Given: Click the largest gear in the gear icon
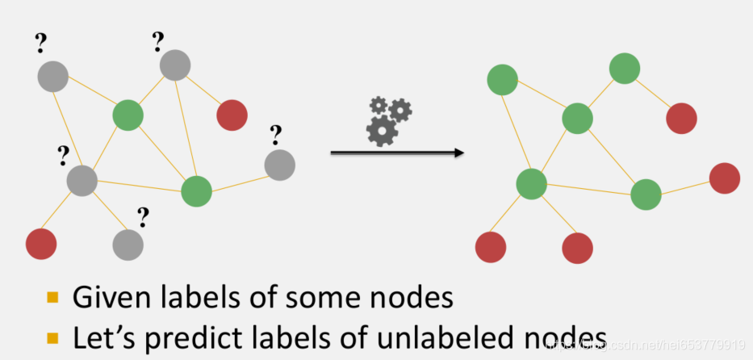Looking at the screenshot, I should [382, 130].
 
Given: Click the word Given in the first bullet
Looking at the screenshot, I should [104, 298].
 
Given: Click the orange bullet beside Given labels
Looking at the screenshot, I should [53, 299].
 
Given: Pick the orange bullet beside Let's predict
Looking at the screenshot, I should [53, 337].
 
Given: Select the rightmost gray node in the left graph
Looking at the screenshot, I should [279, 165].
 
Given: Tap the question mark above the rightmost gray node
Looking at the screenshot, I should [275, 132].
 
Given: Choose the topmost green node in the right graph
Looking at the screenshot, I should [625, 69].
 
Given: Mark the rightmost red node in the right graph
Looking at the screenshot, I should [724, 178].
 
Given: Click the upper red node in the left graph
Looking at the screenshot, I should [232, 115].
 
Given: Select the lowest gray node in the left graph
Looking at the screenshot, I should [128, 243].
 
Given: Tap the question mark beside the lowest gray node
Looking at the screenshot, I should [143, 216].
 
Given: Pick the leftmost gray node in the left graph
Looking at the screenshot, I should [52, 77].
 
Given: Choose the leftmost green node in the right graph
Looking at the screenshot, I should [502, 80].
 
